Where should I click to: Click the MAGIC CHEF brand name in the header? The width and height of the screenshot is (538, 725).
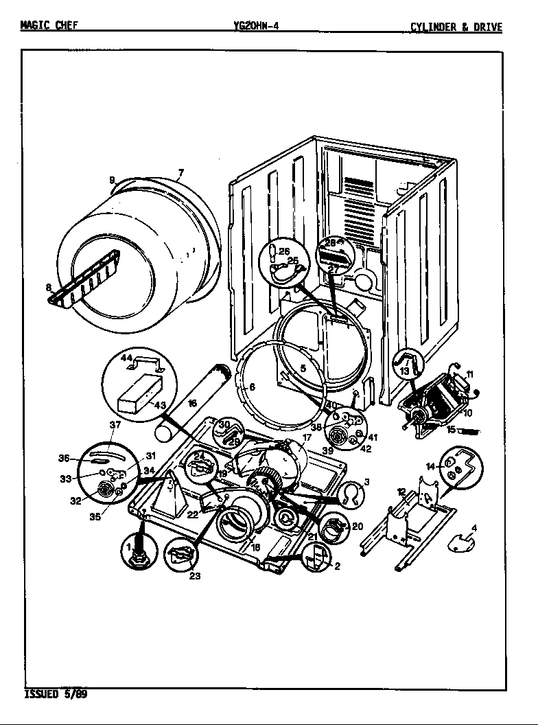coord(49,27)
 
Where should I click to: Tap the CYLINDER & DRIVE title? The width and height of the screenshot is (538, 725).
coord(456,27)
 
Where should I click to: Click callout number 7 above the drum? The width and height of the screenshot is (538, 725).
coord(180,172)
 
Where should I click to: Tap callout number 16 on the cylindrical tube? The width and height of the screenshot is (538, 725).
coord(192,403)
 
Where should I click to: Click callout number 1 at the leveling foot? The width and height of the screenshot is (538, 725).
coord(128,547)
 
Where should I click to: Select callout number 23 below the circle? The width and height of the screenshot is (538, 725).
coord(195,576)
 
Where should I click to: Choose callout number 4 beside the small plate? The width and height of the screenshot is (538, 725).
coord(474,528)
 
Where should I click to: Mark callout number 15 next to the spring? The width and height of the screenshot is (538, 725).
coord(450,430)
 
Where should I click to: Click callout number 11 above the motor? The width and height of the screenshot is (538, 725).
coord(469,375)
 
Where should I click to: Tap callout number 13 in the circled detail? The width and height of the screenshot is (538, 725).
coord(403,371)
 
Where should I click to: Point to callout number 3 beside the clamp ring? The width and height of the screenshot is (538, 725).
coord(366,482)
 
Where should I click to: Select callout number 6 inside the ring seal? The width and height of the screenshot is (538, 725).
coord(251,387)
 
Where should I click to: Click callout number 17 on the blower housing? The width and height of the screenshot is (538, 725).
coord(307,437)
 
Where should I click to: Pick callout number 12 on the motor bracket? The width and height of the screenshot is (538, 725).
coord(402,492)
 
